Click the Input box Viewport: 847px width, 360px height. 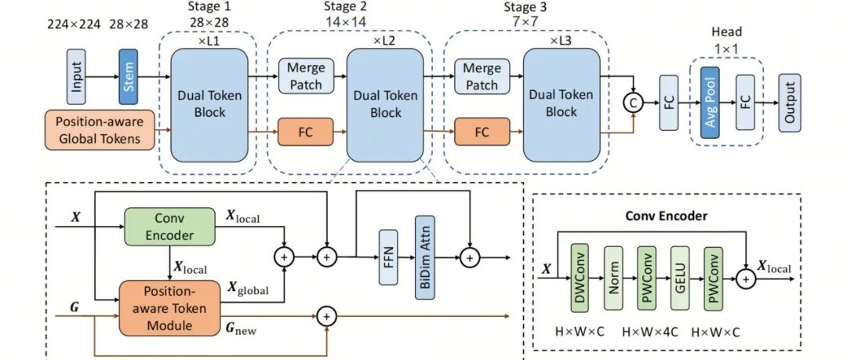coord(76,77)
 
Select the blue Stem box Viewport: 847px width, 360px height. coord(128,77)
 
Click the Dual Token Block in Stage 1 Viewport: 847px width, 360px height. coord(209,104)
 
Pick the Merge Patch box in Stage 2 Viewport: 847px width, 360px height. coord(305,77)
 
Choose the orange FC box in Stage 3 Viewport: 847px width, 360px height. coord(482,130)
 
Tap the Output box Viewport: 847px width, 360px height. coord(788,101)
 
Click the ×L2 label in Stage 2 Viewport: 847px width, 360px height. coord(384,40)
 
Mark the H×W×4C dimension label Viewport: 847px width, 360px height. coord(647,330)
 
